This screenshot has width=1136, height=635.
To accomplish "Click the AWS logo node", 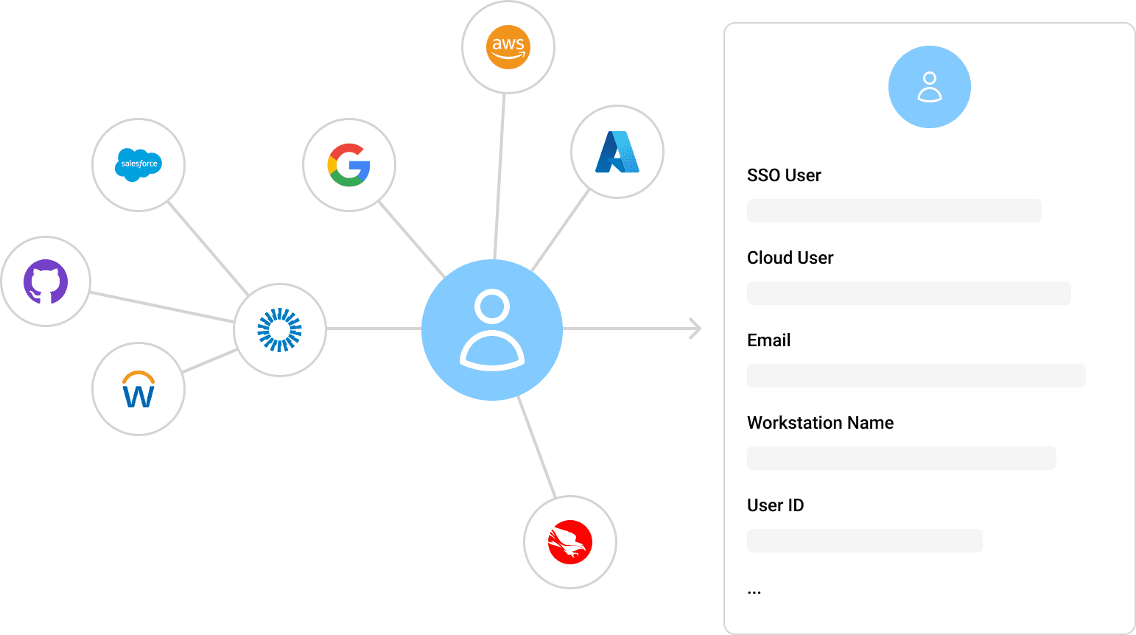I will (508, 47).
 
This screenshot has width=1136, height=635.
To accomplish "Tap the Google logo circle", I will (349, 164).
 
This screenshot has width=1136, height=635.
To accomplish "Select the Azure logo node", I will (617, 152).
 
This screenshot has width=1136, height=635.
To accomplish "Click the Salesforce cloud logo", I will (139, 164).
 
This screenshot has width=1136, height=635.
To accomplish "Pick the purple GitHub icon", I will (46, 281).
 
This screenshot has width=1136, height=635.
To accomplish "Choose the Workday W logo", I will (139, 389).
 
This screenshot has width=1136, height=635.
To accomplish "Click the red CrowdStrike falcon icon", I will (570, 542).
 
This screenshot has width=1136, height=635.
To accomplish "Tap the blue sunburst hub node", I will (280, 329).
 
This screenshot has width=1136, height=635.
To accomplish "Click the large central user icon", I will (492, 329).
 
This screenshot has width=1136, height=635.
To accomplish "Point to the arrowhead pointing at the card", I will (694, 329).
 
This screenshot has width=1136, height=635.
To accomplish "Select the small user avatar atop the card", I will (930, 87).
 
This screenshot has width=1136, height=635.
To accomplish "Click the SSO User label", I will (784, 175).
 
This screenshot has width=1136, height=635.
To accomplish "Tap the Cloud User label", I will (790, 258).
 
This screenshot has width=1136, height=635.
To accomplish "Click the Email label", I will (768, 340).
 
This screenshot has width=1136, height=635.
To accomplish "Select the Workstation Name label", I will (820, 423).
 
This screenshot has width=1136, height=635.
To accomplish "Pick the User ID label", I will (775, 505).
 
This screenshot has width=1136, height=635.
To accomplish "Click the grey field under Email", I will (916, 376).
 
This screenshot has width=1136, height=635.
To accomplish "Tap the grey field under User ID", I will (864, 541).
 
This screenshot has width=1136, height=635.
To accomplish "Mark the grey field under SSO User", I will (894, 211).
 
